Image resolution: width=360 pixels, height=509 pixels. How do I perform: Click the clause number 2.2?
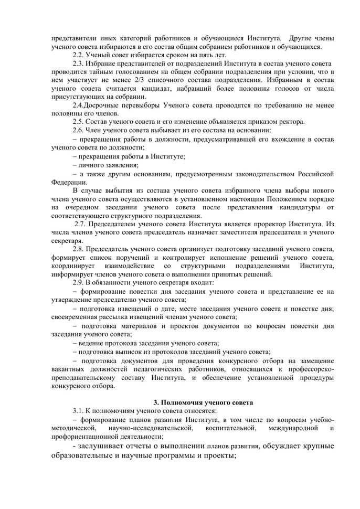pos(79,55)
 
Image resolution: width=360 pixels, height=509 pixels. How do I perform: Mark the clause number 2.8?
pos(79,249)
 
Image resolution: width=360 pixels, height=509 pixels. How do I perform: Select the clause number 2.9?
pos(79,283)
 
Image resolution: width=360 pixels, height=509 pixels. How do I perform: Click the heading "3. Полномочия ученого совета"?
pos(203,402)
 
